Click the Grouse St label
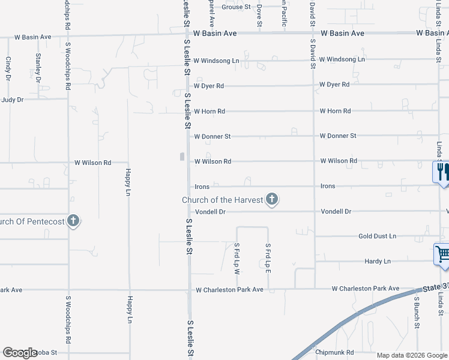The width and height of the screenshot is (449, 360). [235, 7]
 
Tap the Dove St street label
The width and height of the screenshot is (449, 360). [259, 14]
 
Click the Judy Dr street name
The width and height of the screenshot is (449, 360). [12, 100]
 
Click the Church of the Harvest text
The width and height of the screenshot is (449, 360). [223, 200]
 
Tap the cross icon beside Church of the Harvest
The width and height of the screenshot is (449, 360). [272, 199]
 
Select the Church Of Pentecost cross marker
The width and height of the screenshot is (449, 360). [73, 221]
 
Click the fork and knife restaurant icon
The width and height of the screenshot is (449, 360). [441, 172]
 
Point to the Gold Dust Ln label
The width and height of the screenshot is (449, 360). [378, 236]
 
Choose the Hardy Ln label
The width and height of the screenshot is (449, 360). [378, 262]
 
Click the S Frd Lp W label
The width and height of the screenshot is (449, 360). [237, 259]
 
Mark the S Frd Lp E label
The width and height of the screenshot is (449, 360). [268, 257]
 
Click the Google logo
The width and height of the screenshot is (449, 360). [20, 353]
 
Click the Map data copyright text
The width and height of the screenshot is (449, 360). [412, 355]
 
